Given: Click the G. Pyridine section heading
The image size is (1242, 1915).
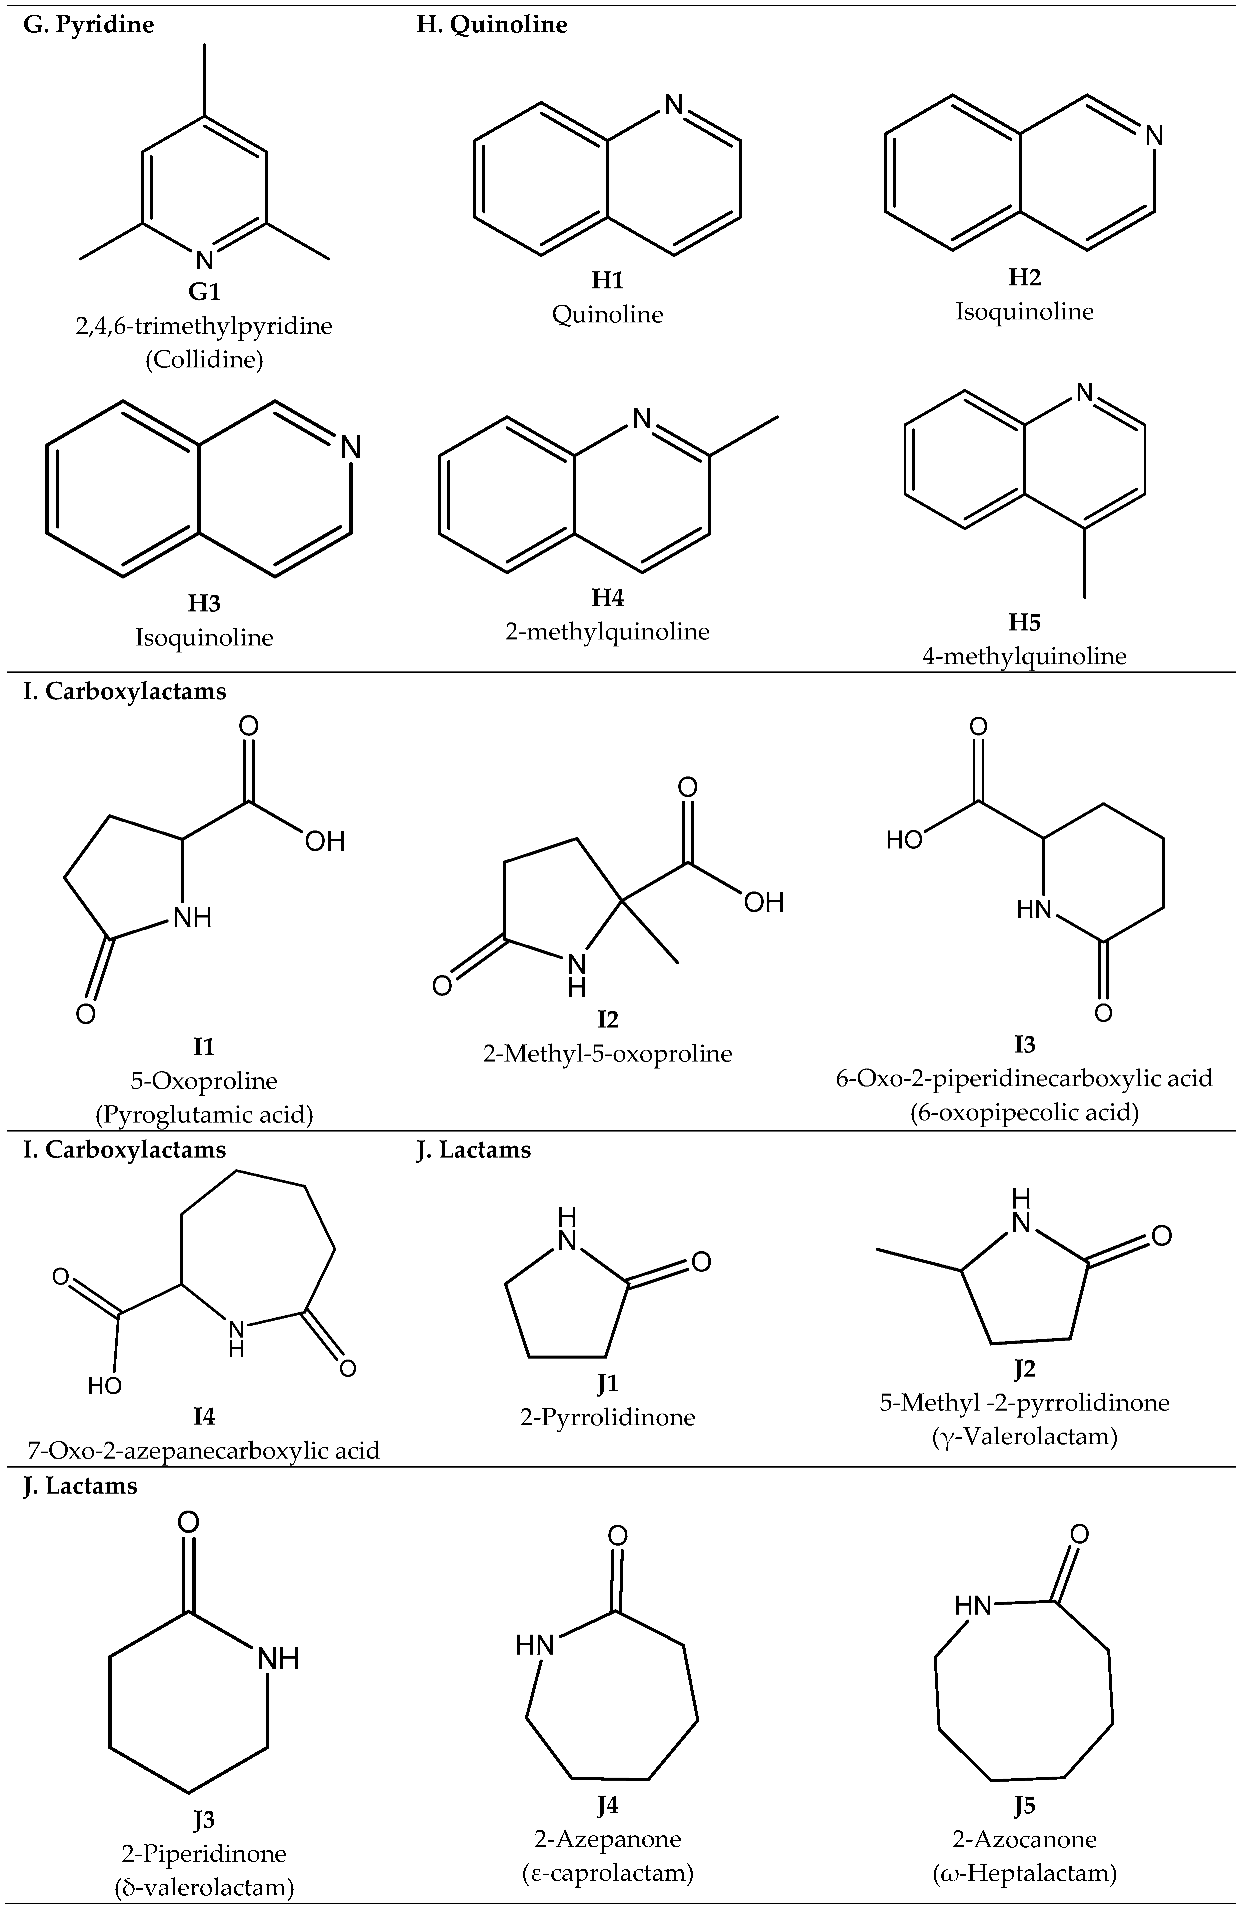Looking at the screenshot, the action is click(88, 25).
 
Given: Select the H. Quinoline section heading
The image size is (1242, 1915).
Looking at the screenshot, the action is click(491, 25).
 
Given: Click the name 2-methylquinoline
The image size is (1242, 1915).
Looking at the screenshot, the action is click(607, 632).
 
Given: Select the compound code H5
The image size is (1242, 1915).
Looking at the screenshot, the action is click(1024, 622).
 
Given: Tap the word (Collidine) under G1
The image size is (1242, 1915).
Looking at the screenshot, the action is click(204, 360).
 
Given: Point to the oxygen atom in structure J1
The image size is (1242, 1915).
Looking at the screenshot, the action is click(701, 1261).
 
